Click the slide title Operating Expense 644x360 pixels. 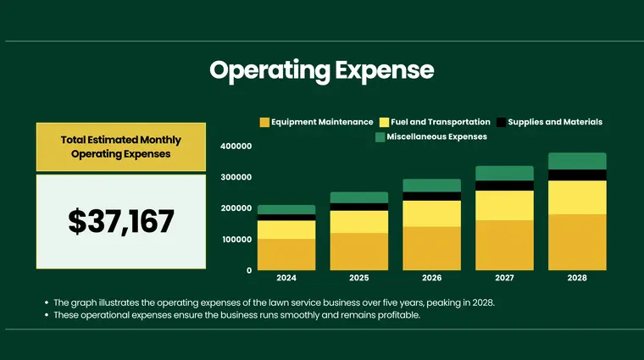(x=321, y=70)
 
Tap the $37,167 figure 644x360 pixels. (x=121, y=221)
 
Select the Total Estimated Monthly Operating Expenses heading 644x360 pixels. (x=121, y=147)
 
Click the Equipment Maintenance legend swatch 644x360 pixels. (x=264, y=122)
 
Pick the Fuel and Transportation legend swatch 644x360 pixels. (x=384, y=122)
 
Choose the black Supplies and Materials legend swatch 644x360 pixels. (x=501, y=122)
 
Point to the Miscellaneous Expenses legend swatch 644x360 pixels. (x=380, y=136)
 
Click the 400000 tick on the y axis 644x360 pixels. (x=236, y=147)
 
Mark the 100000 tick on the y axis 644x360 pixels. (x=236, y=240)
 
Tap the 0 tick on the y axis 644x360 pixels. (x=249, y=270)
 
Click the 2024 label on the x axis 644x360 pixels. (x=286, y=278)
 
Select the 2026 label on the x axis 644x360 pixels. (x=431, y=278)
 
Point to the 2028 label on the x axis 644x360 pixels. (x=576, y=278)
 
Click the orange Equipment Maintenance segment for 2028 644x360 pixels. (x=576, y=242)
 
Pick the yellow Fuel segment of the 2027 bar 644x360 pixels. (x=504, y=205)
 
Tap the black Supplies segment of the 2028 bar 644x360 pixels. (x=576, y=175)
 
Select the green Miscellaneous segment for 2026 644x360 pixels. (x=431, y=186)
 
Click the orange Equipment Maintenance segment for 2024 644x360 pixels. (x=286, y=254)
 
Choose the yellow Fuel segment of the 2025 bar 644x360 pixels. (x=359, y=221)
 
